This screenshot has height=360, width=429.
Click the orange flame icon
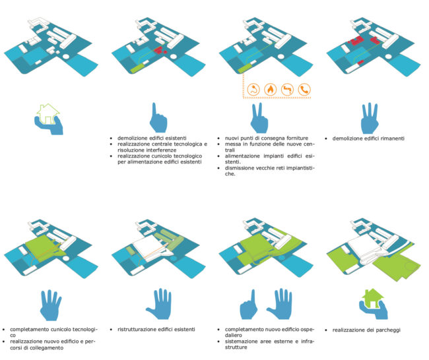click(x=270, y=90)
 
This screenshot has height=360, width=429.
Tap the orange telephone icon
click(x=304, y=90)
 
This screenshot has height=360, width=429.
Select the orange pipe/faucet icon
click(x=287, y=90)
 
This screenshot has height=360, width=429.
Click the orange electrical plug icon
click(x=253, y=90)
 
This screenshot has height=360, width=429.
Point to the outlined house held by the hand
click(x=48, y=113)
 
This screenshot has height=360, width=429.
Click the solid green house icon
click(x=372, y=298)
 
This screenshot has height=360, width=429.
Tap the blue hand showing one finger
click(x=158, y=118)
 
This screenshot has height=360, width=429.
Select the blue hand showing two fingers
click(x=259, y=118)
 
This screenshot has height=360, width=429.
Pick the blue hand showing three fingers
click(x=370, y=118)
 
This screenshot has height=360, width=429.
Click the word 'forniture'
click(x=297, y=138)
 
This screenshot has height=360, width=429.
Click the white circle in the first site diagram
click(x=66, y=57)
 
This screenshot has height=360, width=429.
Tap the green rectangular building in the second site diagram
click(x=137, y=67)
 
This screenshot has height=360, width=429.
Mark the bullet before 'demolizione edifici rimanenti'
click(x=326, y=138)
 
